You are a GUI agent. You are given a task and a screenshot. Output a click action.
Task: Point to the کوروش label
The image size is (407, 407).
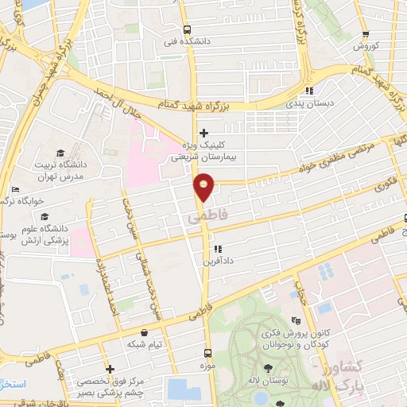coord(365,47)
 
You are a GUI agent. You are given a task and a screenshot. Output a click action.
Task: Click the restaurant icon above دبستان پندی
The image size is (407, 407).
coord(308,91)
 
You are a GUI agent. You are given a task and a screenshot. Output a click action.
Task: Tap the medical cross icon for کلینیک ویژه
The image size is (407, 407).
coord(205,132)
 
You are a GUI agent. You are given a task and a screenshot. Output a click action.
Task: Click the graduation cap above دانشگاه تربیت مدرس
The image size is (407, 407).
coord(60,153)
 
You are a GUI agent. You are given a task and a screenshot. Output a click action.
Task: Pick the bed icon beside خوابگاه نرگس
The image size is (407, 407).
coord(14,189)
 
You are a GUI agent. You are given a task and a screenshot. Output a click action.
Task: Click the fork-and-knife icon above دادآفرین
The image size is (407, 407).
coord(218,249)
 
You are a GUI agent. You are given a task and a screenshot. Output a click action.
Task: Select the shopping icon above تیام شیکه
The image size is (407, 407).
coord(144,332)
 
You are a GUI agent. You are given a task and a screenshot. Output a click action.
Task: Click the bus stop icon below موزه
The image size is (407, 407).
coord(207,353)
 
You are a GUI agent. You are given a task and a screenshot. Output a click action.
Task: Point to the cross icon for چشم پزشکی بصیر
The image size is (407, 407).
coord(110,369)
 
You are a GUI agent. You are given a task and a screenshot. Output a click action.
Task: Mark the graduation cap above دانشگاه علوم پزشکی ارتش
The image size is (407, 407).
coord(45,216)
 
